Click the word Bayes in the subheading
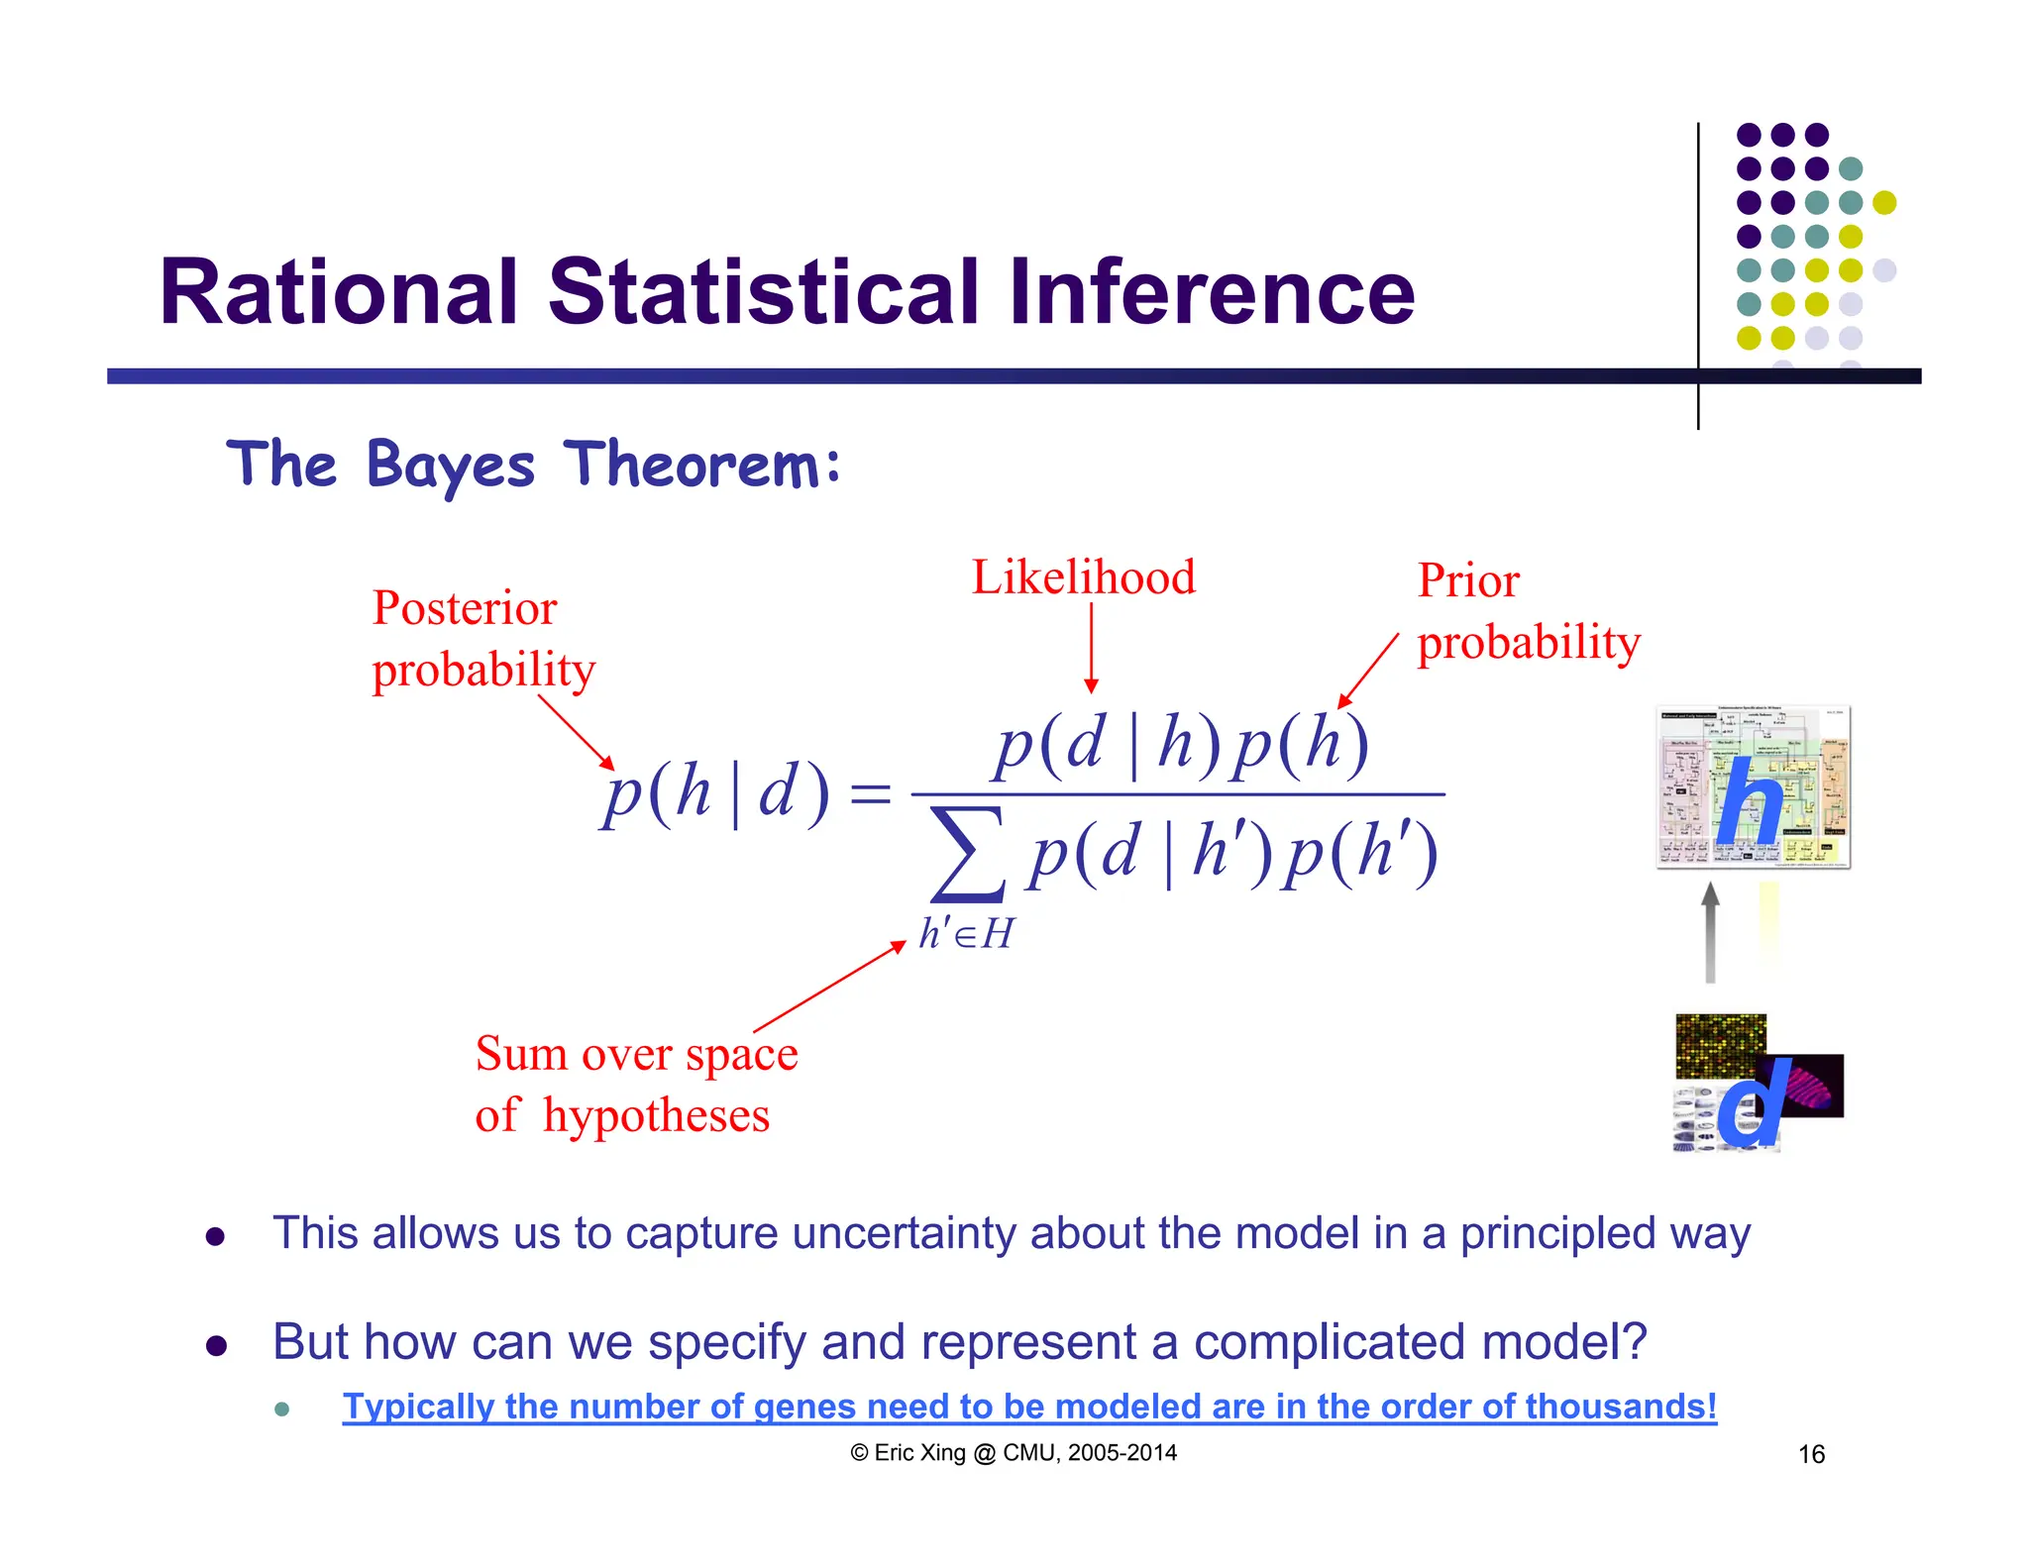pyautogui.click(x=451, y=466)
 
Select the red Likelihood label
pyautogui.click(x=1083, y=577)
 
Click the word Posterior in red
pyautogui.click(x=464, y=607)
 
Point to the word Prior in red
pyautogui.click(x=1467, y=580)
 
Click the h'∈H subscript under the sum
pyautogui.click(x=966, y=934)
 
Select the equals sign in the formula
pyautogui.click(x=871, y=794)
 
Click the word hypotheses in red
pyautogui.click(x=656, y=1116)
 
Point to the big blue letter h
pyautogui.click(x=1750, y=802)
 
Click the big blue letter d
pyautogui.click(x=1752, y=1102)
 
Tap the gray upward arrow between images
pyautogui.click(x=1710, y=932)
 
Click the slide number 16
pyautogui.click(x=1811, y=1454)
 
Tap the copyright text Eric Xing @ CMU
pyautogui.click(x=1013, y=1453)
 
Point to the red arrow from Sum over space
pyautogui.click(x=830, y=987)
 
